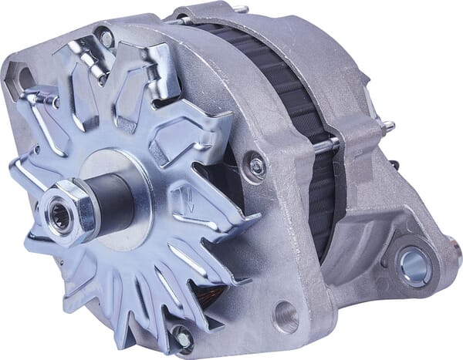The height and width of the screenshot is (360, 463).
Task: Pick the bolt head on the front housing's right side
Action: [x=254, y=164]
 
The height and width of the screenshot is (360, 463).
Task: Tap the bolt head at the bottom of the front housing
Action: [x=183, y=336]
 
